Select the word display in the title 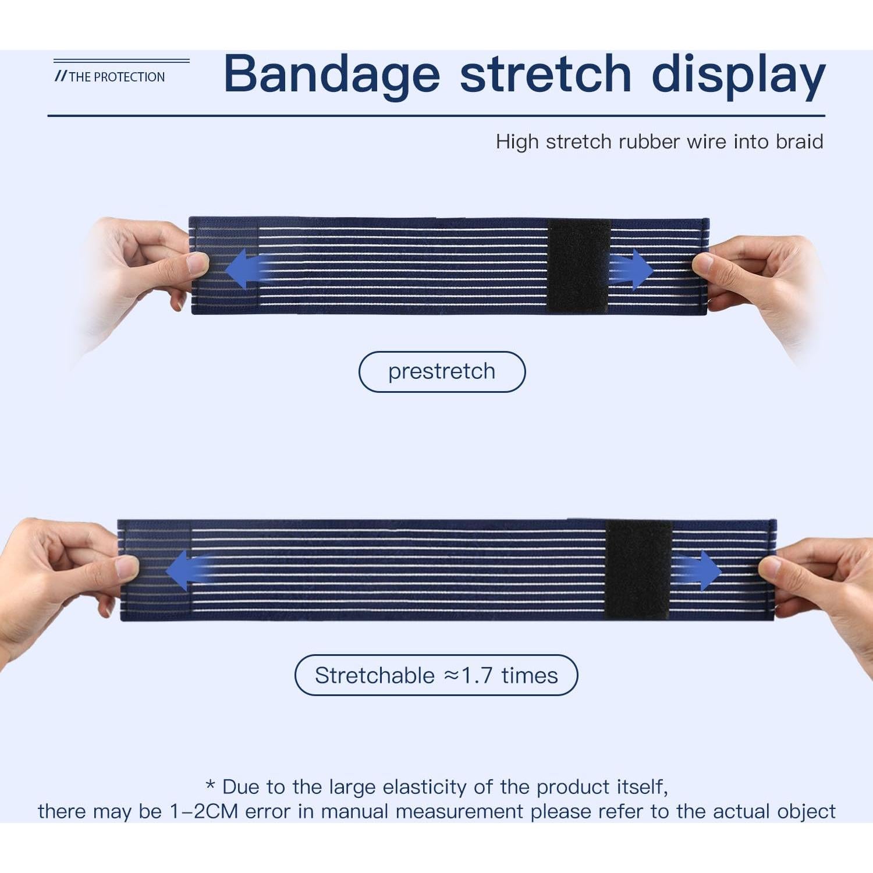(739, 76)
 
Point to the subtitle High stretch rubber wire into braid (659, 142)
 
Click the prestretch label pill (442, 371)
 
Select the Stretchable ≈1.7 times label (436, 675)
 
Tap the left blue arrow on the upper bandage (247, 270)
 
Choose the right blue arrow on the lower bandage (699, 570)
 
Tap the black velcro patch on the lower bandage (638, 569)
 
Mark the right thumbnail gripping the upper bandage (703, 265)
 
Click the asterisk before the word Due (211, 786)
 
